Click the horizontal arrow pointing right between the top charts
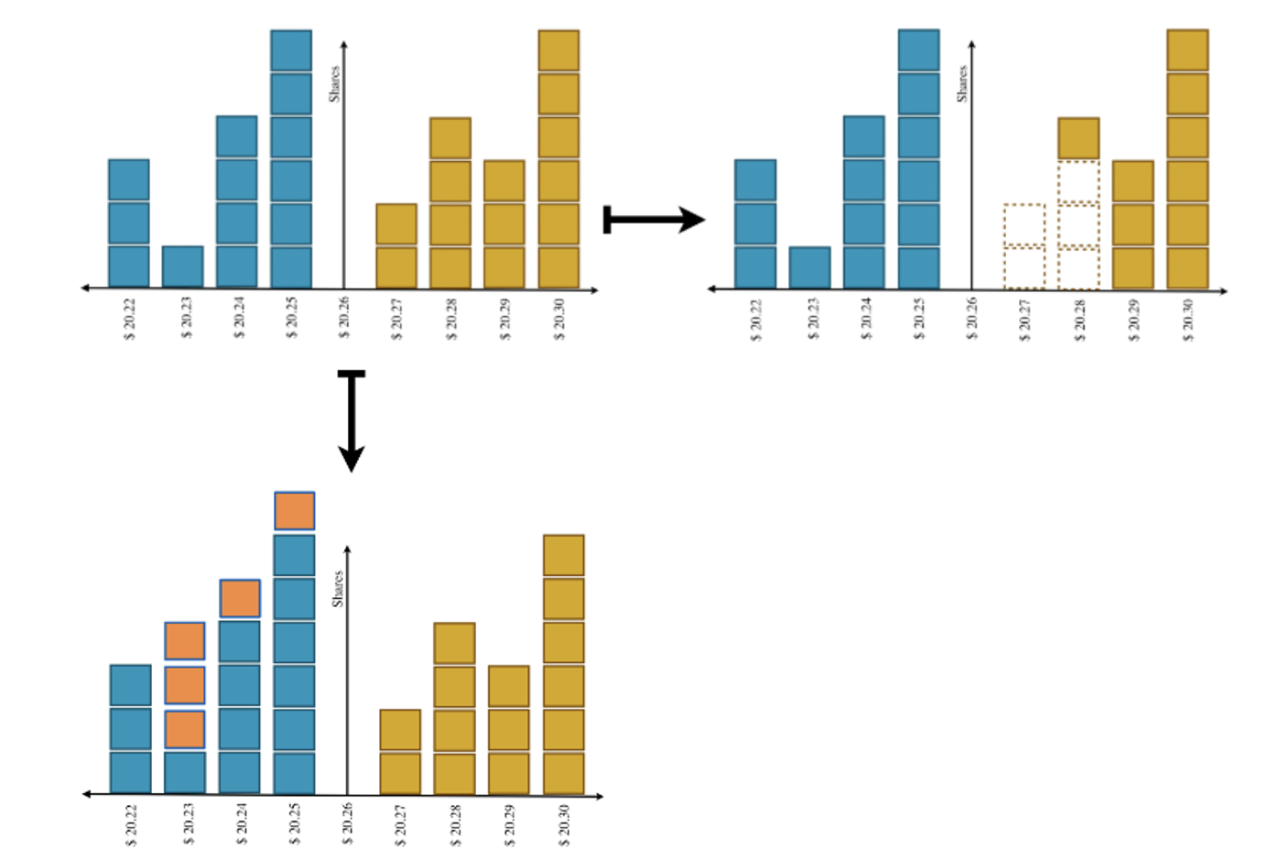point(654,220)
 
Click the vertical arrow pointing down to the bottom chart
point(352,421)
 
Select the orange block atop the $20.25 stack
point(295,511)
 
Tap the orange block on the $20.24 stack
point(240,598)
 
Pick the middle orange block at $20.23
point(185,685)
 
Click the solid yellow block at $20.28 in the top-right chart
point(1078,138)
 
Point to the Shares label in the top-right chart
point(962,82)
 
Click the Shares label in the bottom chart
point(337,588)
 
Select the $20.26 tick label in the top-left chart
point(344,317)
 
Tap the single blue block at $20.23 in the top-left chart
point(183,266)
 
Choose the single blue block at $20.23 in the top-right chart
point(809,267)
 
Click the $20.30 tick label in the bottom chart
point(564,824)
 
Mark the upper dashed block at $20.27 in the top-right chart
point(1024,224)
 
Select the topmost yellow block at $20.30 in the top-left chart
point(558,50)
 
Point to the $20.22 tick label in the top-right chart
point(756,319)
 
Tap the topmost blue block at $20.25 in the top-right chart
point(918,50)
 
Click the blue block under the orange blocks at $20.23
point(185,772)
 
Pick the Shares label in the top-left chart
point(335,83)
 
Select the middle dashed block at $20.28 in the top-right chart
point(1078,225)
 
